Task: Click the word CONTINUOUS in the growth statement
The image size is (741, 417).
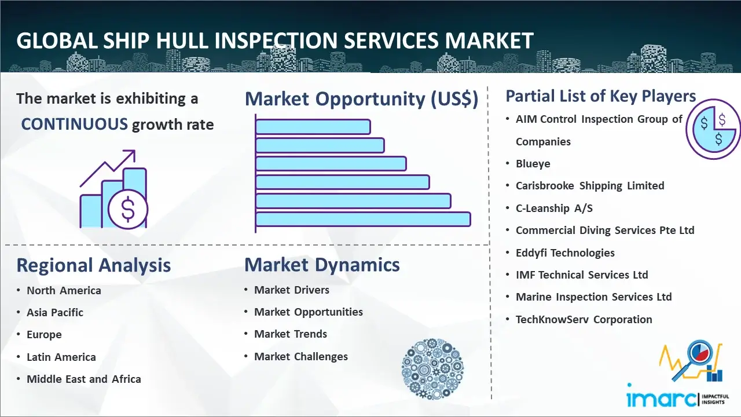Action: click(75, 125)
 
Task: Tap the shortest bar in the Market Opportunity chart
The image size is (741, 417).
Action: click(313, 127)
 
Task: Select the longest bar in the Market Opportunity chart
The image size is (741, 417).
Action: click(363, 220)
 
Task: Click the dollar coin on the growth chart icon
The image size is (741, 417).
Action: click(128, 209)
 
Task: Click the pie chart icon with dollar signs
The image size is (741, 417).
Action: click(713, 129)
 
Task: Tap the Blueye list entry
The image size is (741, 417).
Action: click(533, 164)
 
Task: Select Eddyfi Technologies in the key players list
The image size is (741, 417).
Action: click(565, 253)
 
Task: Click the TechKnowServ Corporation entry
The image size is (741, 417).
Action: click(584, 319)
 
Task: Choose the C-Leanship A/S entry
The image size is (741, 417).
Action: click(554, 208)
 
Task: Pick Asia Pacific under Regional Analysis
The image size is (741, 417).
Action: click(55, 312)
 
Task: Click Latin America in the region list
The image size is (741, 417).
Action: click(61, 357)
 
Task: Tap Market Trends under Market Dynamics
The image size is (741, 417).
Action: click(291, 334)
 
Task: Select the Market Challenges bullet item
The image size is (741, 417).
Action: click(300, 356)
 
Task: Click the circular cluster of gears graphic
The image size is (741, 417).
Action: click(432, 369)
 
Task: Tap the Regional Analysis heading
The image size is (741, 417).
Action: click(94, 265)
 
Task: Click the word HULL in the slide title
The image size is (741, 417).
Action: click(181, 41)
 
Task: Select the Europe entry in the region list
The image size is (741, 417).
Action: click(44, 335)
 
